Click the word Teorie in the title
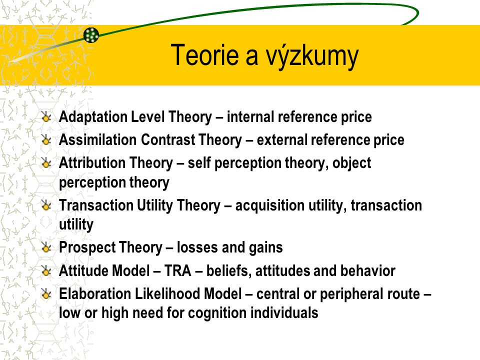click(204, 55)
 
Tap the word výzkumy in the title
click(312, 57)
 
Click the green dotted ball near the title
click(91, 35)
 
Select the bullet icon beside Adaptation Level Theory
click(46, 117)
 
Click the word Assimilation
click(97, 139)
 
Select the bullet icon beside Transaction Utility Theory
click(46, 205)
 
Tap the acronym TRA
click(178, 270)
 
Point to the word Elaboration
click(95, 293)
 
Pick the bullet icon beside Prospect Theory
click(46, 247)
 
